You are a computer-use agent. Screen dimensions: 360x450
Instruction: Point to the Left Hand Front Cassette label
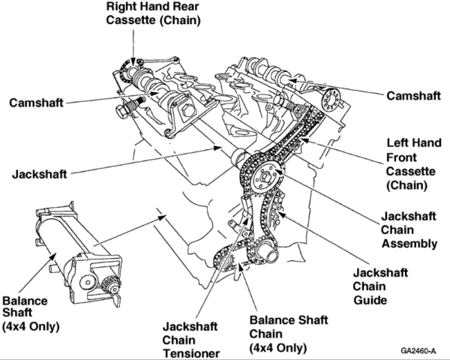point(409,162)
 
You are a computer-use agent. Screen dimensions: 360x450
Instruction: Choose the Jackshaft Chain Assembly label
point(409,228)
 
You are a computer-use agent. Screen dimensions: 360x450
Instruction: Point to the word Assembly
point(409,243)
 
